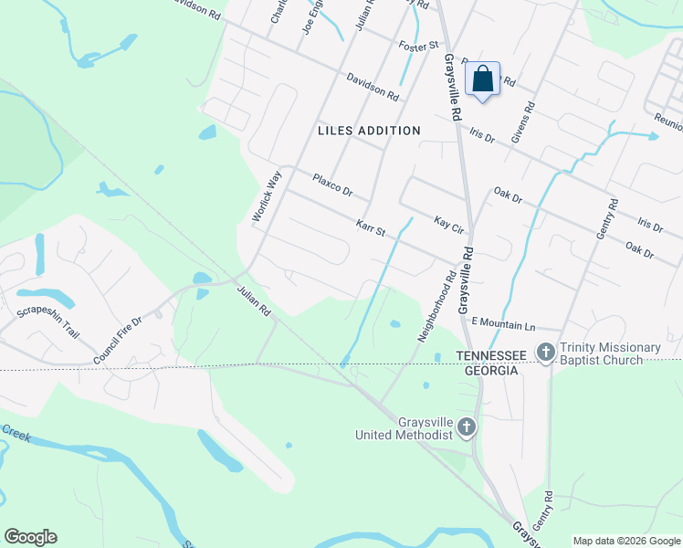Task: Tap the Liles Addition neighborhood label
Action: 369,131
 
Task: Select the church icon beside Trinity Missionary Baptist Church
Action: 546,352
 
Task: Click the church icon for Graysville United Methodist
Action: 467,427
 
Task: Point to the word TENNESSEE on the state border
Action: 488,355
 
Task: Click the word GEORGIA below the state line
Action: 488,371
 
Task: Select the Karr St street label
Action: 371,227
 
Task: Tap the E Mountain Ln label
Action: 502,324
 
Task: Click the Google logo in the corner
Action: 30,537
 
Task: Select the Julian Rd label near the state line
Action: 254,300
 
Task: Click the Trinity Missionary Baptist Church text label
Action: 610,354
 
